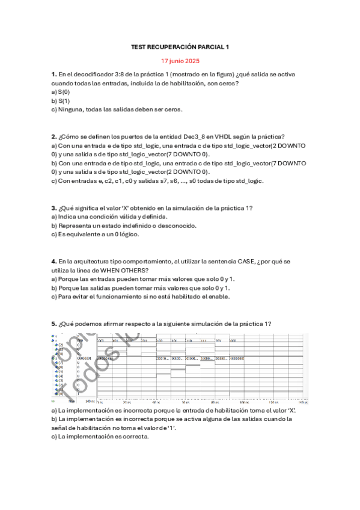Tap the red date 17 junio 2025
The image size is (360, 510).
click(180, 61)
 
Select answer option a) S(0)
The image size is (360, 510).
click(61, 92)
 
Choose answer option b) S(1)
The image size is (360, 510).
click(61, 101)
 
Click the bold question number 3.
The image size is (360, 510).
click(54, 208)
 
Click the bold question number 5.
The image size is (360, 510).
click(54, 324)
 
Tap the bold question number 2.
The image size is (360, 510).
click(54, 137)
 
